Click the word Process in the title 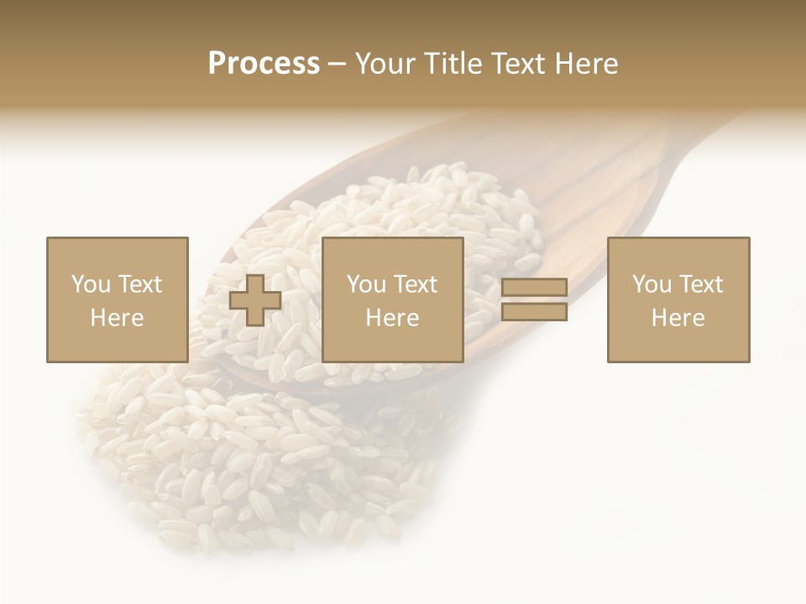coord(264,64)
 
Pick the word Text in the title coord(520,64)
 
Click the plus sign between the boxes coord(255,300)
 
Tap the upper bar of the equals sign coord(534,287)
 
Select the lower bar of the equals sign coord(534,312)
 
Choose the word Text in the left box coord(139,284)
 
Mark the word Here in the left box coord(117,318)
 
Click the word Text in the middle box coord(415,284)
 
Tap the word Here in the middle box coord(392,318)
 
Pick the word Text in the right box coord(700,284)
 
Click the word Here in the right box coord(678,318)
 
